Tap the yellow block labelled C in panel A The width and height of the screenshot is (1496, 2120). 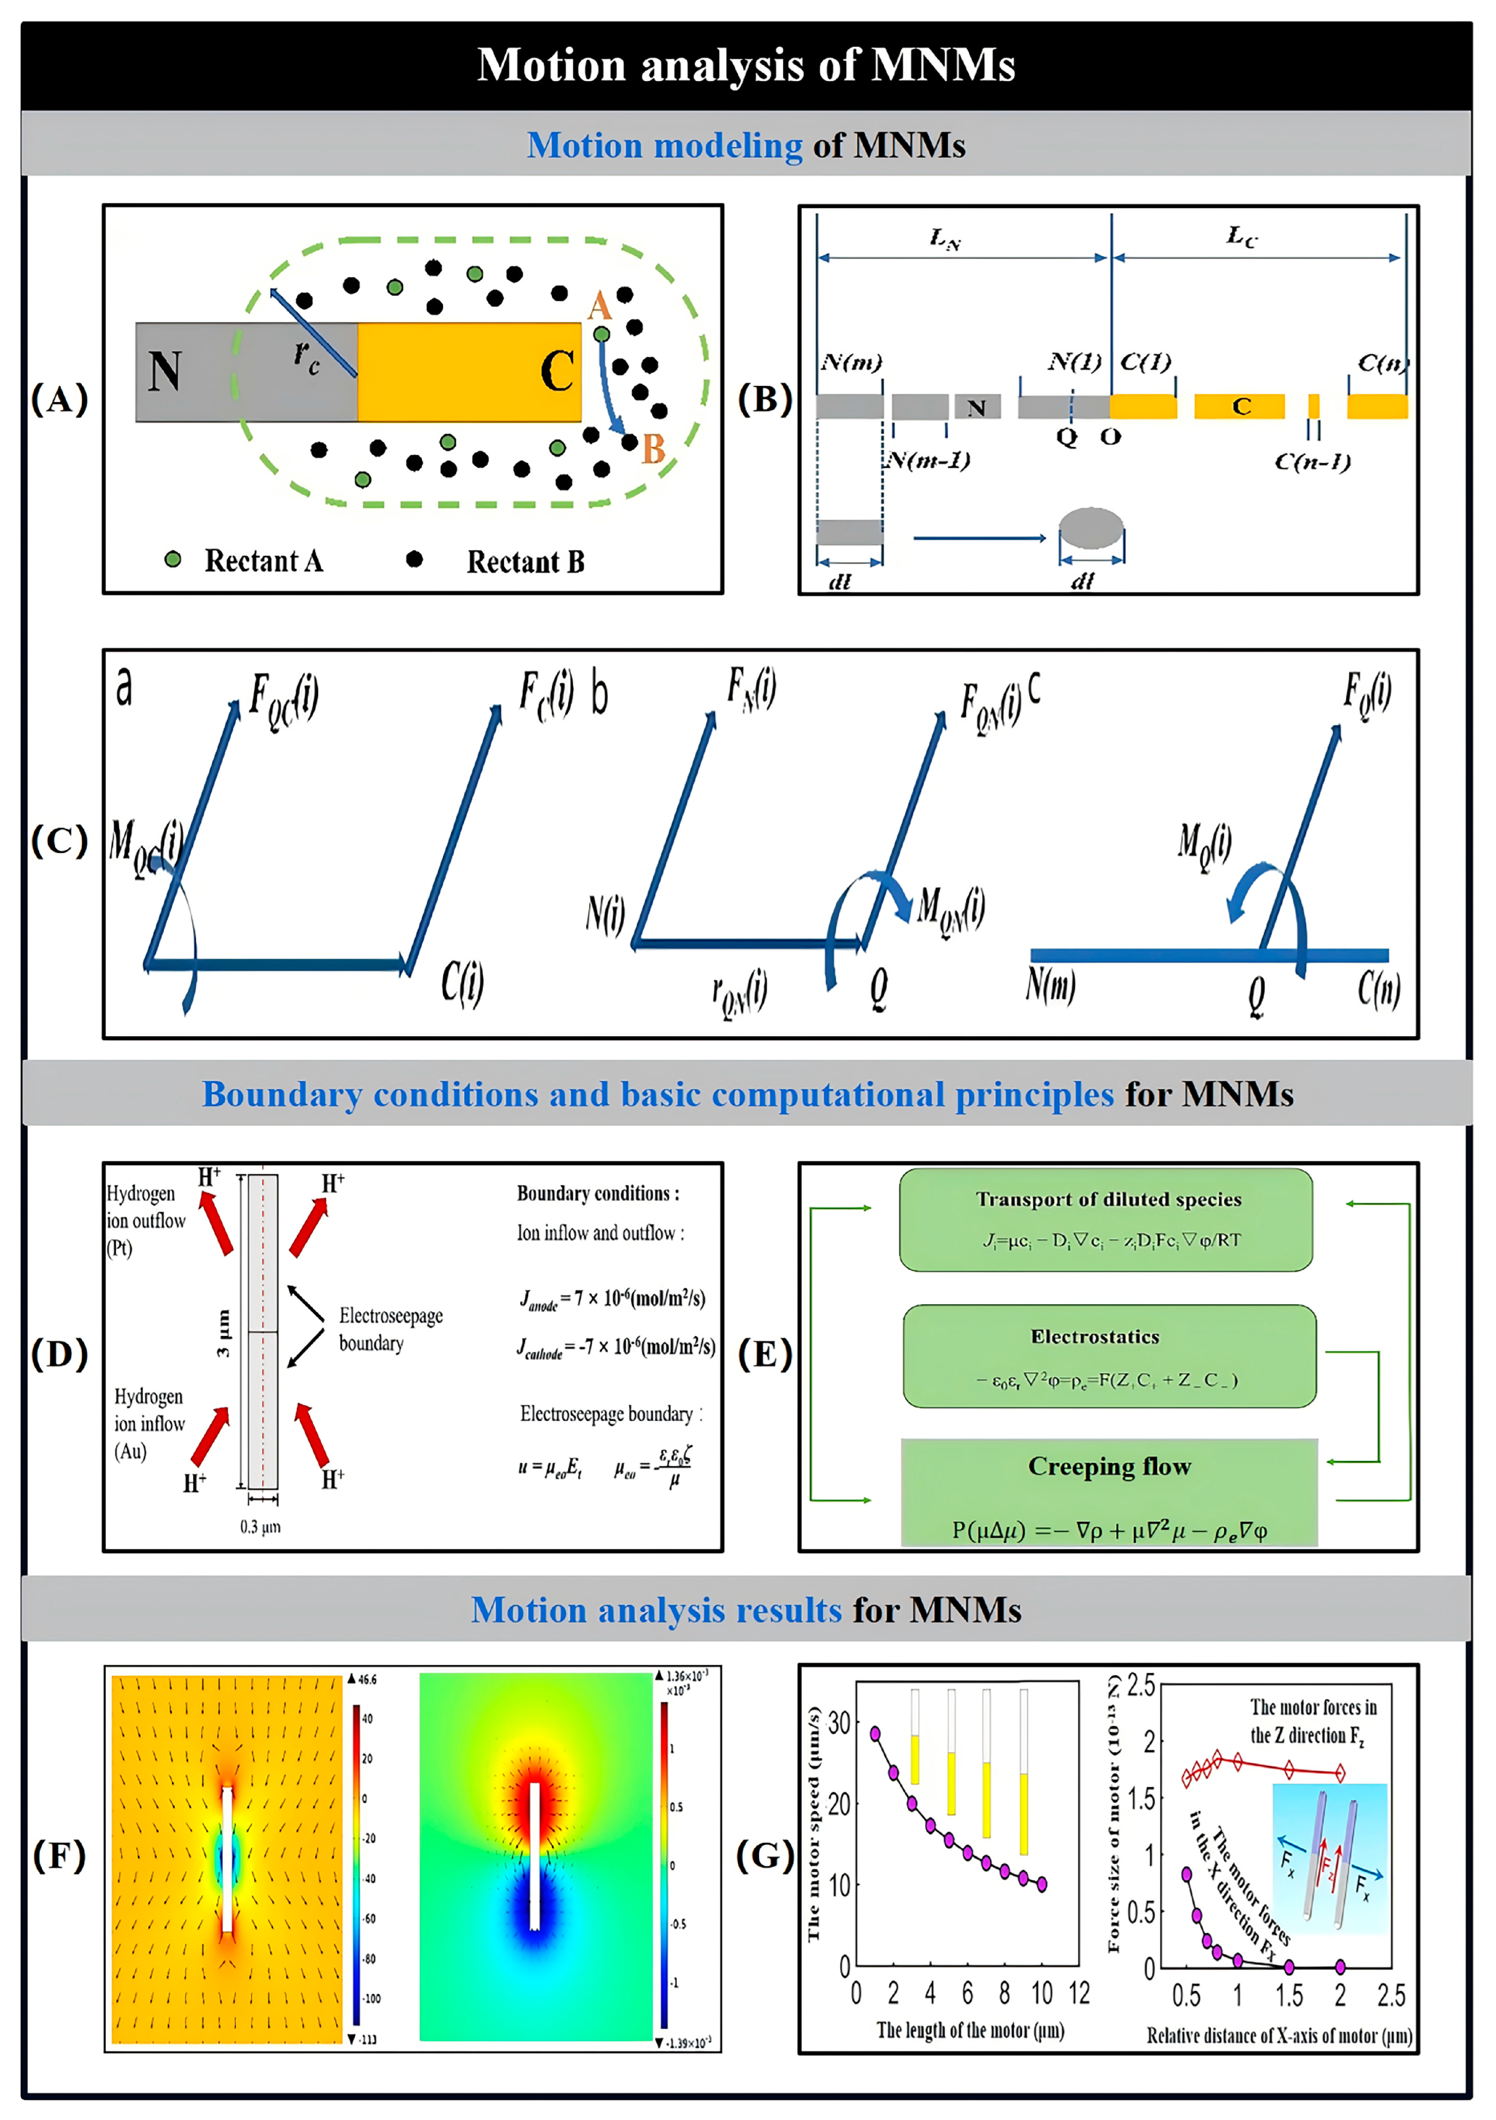tap(469, 372)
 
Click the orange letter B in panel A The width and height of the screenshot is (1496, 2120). tap(653, 450)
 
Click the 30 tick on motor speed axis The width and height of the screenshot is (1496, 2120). tap(838, 1723)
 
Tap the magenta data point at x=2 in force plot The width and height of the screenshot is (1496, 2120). tap(1340, 1967)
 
